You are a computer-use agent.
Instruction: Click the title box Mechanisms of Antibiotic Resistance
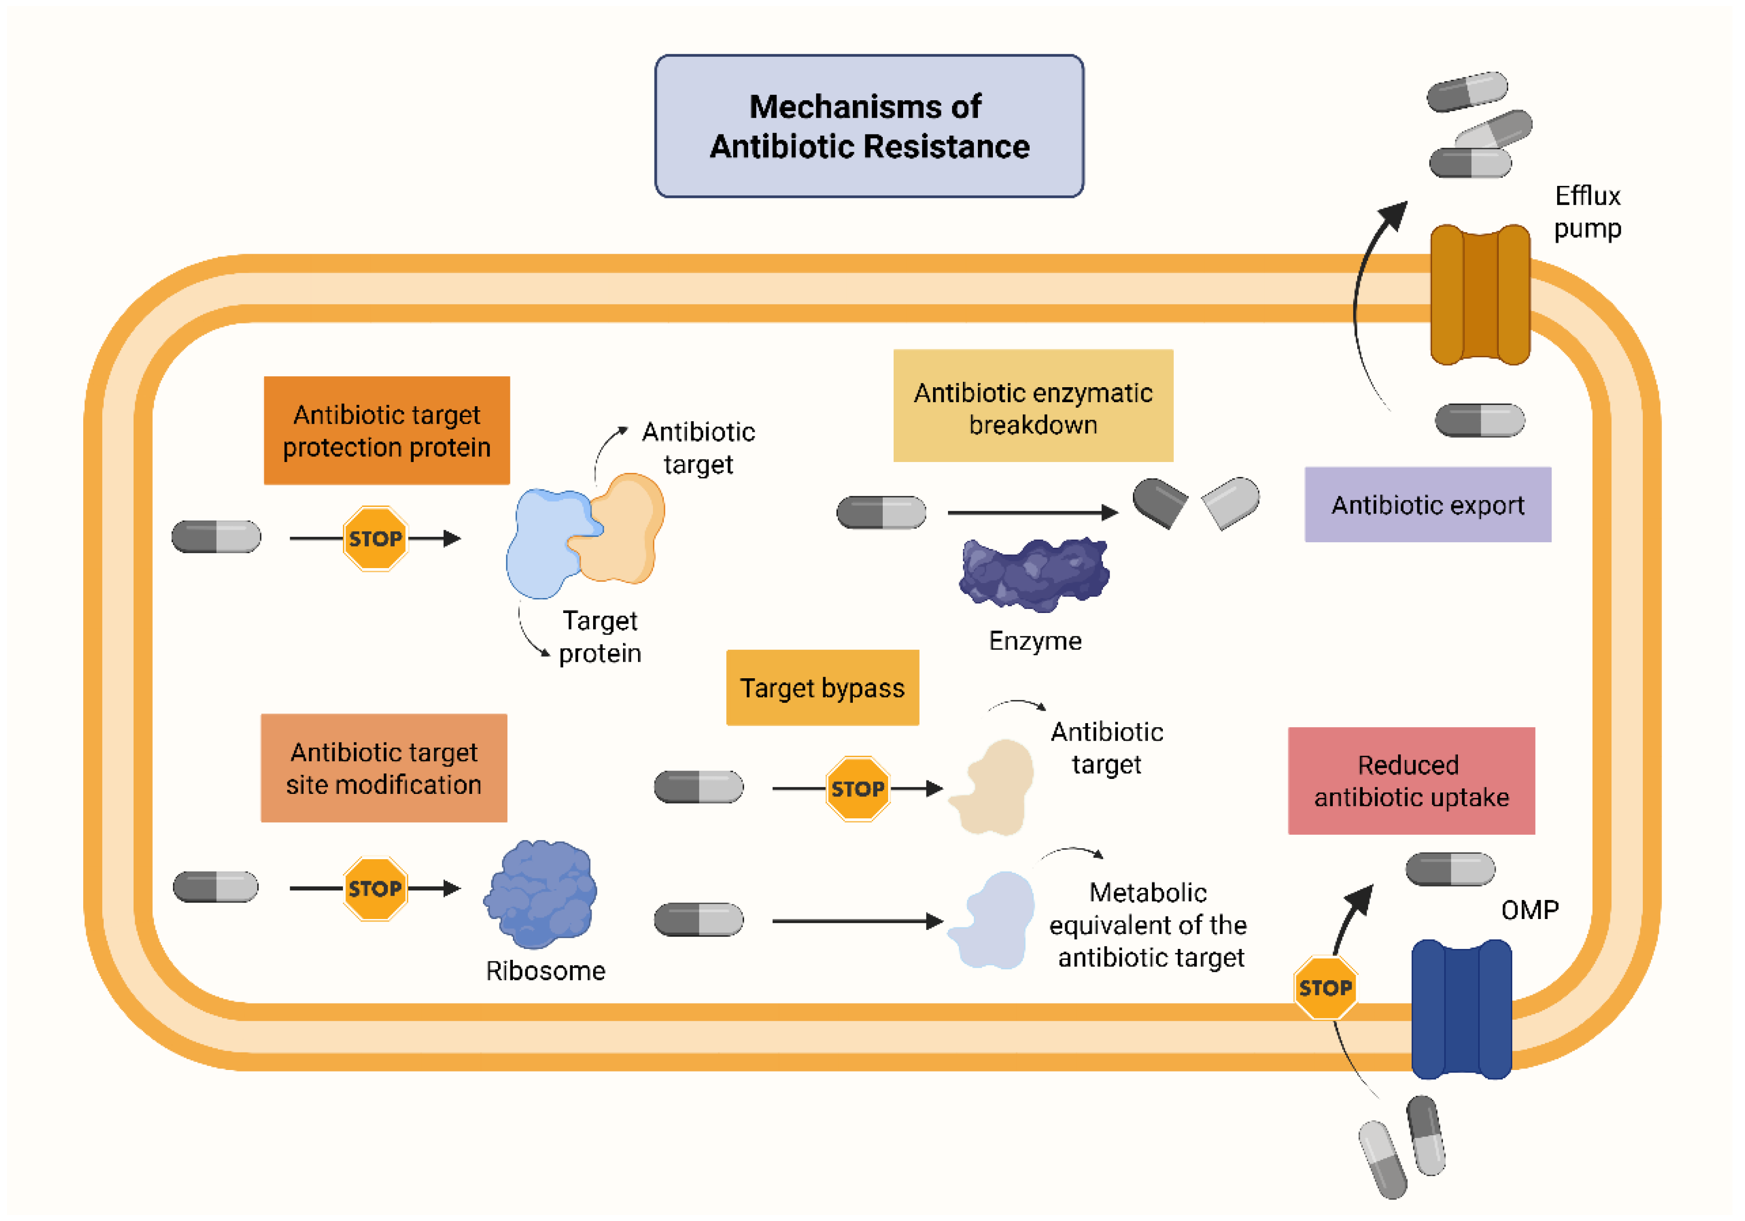tap(869, 126)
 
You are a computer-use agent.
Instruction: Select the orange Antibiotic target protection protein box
tap(386, 430)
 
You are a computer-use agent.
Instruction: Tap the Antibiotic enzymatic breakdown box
tap(1033, 406)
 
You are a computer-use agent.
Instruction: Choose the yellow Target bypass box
tap(822, 688)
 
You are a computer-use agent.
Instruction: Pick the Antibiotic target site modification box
tap(383, 767)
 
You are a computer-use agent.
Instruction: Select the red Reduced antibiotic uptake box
tap(1411, 780)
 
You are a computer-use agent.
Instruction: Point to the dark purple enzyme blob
tap(1034, 574)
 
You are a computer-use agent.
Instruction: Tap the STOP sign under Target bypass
tap(857, 789)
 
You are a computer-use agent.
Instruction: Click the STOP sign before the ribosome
tap(375, 888)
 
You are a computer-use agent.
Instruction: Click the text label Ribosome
tap(545, 970)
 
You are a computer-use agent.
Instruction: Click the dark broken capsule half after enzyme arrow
tap(1159, 501)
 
